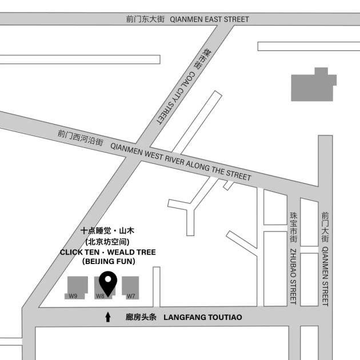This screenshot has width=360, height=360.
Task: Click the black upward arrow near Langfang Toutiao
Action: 108,317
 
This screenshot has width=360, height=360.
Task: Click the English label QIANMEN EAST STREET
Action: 210,19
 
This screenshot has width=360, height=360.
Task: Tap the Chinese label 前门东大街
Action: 145,19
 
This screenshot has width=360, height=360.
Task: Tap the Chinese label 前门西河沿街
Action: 80,138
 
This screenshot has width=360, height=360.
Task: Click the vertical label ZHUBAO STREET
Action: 293,275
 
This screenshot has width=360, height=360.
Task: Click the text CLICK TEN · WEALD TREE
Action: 107,251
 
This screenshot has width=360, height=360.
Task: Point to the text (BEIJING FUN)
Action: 108,261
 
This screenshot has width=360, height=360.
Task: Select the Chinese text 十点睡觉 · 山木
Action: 107,231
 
